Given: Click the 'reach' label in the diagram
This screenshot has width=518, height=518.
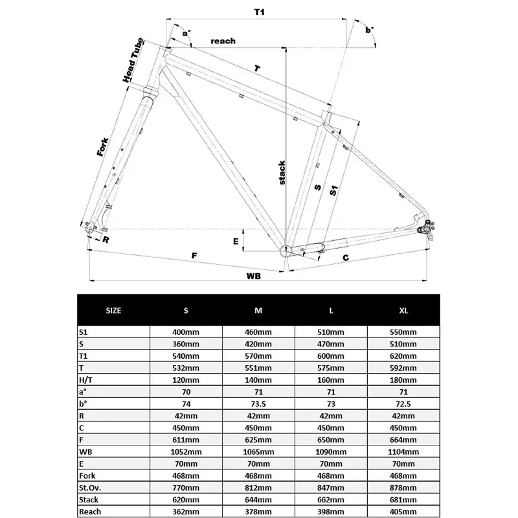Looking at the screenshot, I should [x=223, y=41].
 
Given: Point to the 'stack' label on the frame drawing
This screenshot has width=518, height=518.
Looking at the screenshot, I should [x=282, y=172].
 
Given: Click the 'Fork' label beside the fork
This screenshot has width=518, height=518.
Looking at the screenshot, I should [x=103, y=146].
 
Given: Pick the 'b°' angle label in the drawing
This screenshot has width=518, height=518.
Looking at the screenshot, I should [x=370, y=30].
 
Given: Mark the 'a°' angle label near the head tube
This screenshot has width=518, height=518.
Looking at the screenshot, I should [x=187, y=32].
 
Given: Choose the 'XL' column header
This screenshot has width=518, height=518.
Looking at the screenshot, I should [x=403, y=310].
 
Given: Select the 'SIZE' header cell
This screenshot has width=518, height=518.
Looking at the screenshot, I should [x=113, y=310].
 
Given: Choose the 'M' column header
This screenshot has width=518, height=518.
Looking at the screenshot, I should [x=258, y=310].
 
